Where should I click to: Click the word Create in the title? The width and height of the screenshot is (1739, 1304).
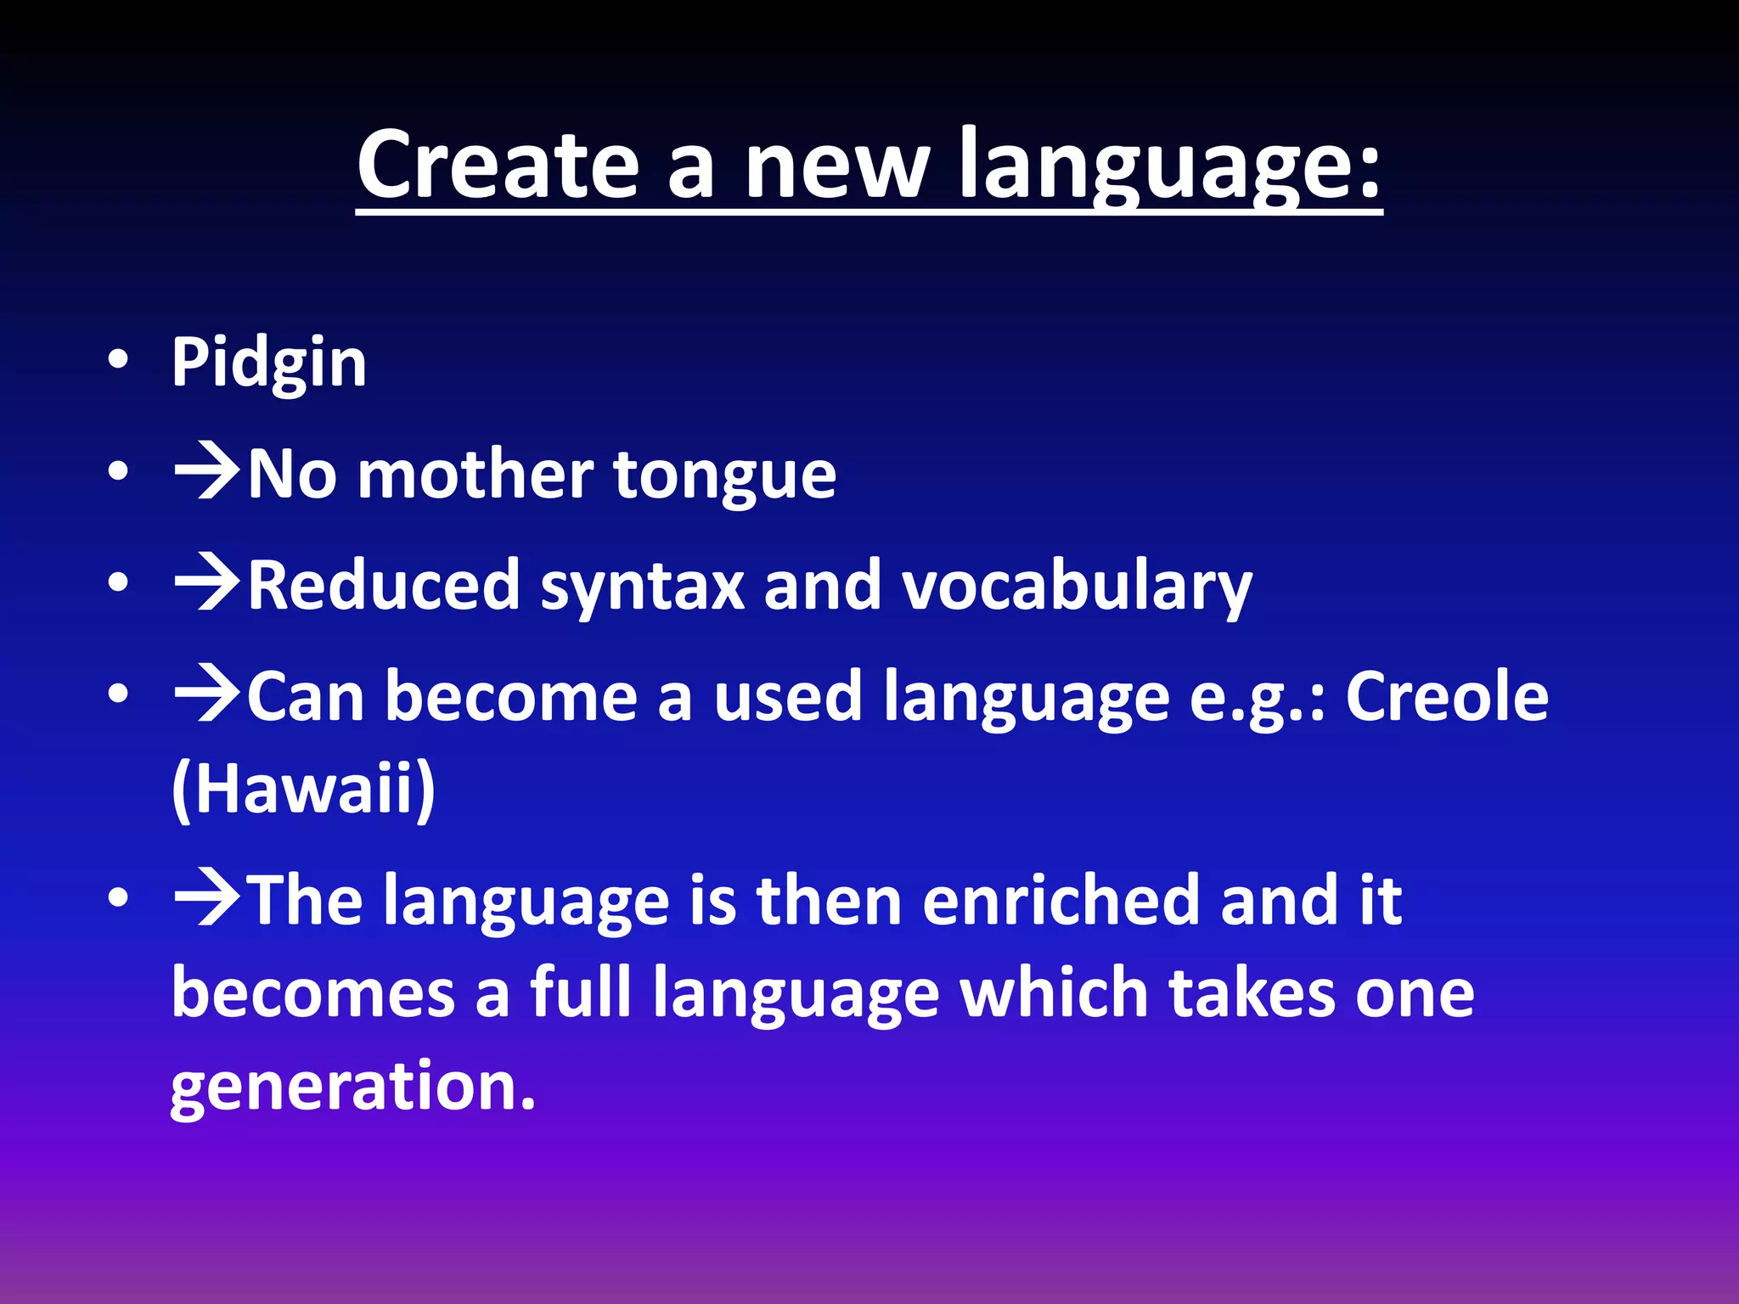click(497, 166)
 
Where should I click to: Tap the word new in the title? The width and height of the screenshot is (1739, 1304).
click(836, 166)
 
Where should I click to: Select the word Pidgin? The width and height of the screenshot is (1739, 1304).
click(269, 363)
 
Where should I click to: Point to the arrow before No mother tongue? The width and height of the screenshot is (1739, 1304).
click(207, 473)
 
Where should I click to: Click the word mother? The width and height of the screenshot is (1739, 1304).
click(476, 475)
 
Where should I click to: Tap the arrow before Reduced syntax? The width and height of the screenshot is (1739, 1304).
click(207, 584)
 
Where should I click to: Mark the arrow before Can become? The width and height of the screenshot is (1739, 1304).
click(207, 695)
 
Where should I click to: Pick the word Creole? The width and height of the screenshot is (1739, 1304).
click(1447, 697)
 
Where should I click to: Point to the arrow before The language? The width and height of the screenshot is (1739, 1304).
click(207, 900)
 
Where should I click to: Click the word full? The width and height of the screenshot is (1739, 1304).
click(581, 993)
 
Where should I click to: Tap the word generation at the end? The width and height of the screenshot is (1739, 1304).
click(352, 1087)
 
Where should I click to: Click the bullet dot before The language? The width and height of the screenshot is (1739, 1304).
click(119, 897)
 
